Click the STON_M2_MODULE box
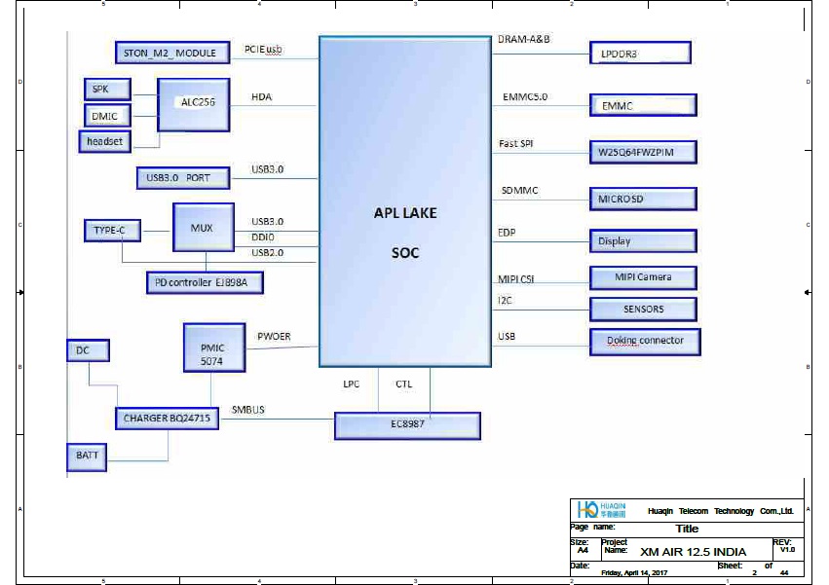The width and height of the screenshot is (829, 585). point(171,53)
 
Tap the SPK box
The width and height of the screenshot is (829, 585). point(101,89)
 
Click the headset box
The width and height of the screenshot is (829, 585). point(104,142)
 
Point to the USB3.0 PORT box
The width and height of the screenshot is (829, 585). point(184,178)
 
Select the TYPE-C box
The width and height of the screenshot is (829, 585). point(111,231)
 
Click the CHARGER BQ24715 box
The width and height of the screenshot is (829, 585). point(167,419)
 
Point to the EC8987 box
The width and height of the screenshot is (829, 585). point(407,425)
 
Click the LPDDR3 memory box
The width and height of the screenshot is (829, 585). point(639,55)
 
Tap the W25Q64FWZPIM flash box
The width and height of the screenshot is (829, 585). point(643,153)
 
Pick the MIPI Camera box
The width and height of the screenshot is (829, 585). point(643,277)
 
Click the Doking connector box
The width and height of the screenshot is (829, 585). point(644,342)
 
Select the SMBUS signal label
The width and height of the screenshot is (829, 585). point(248,410)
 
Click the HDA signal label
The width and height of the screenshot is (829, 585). point(261,97)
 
